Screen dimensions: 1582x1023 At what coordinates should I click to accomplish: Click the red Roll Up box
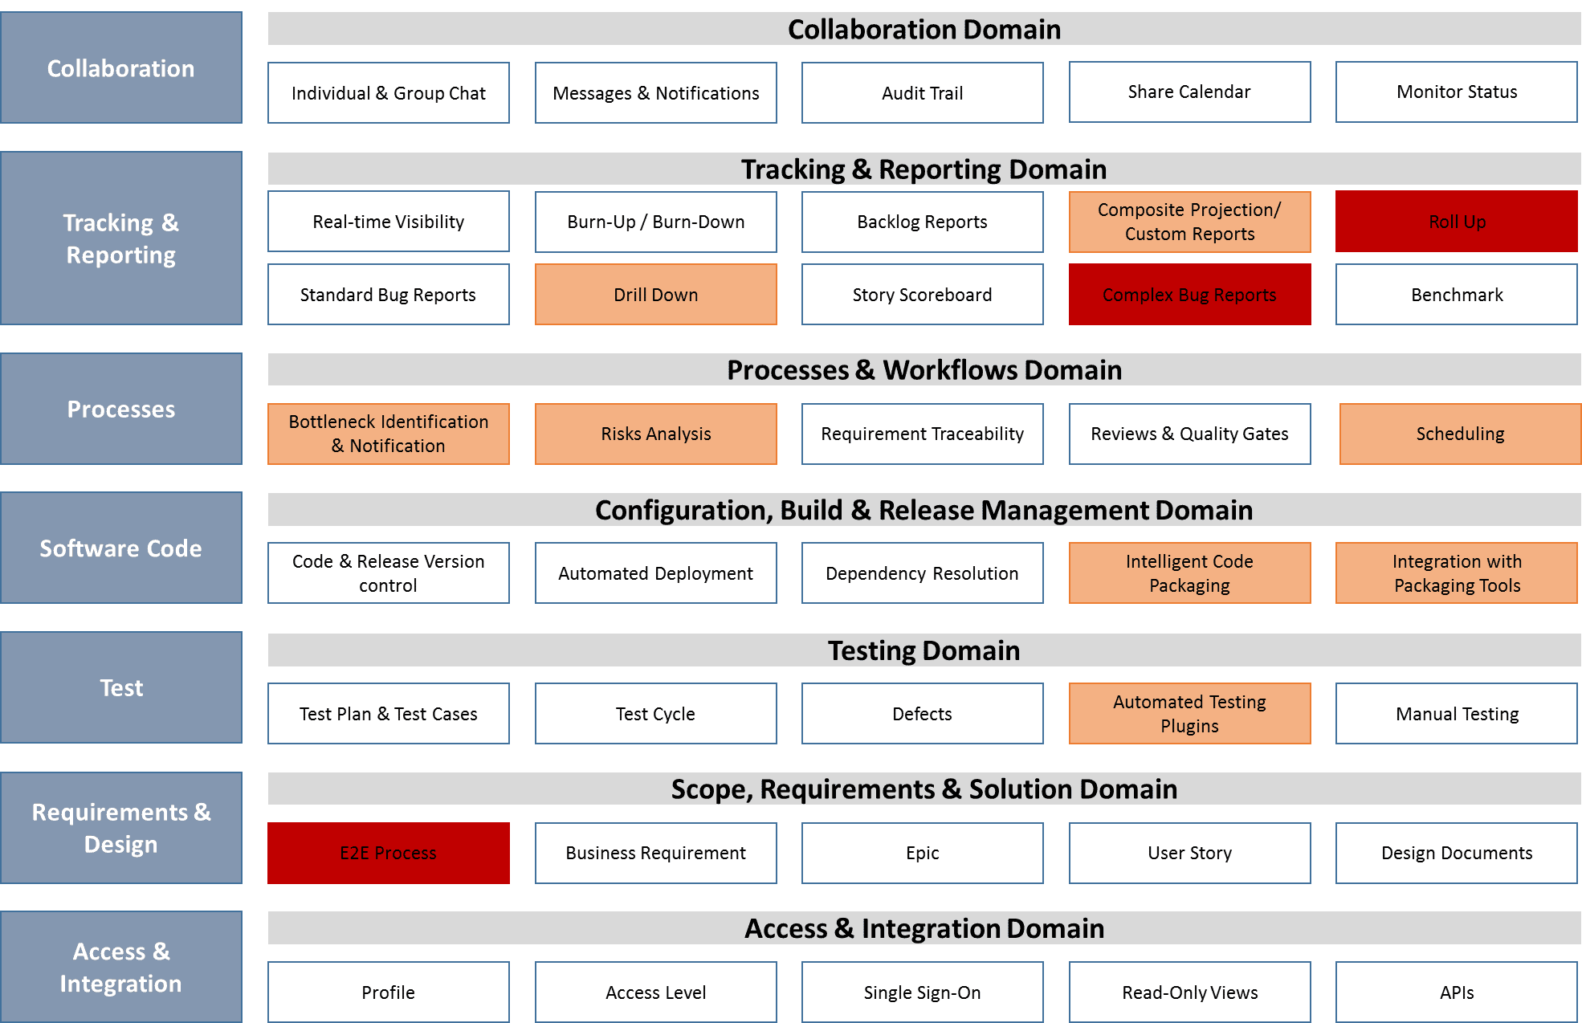tap(1457, 221)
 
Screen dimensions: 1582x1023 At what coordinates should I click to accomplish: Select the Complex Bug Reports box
tap(1189, 294)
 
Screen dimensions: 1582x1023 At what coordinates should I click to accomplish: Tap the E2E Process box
tap(389, 853)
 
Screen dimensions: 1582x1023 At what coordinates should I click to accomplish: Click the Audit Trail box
tap(923, 92)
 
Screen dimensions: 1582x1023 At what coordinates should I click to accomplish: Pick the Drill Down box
tap(656, 294)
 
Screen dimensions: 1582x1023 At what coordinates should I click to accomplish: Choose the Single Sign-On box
tap(923, 992)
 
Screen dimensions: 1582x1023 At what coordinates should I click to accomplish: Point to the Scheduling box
tap(1460, 434)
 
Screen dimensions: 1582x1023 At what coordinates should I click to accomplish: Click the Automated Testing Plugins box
tap(1189, 713)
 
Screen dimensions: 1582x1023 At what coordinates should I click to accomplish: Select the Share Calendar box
tap(1189, 92)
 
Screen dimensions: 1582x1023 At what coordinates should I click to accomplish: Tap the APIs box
tap(1457, 992)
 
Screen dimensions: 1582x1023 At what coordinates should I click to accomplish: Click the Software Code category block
tap(121, 548)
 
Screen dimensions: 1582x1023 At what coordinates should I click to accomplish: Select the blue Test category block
tap(121, 687)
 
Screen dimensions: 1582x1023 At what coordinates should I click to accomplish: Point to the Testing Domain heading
tap(924, 650)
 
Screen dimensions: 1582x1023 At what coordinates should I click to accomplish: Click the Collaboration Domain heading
tap(924, 29)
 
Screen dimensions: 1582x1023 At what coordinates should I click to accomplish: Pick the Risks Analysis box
tap(656, 434)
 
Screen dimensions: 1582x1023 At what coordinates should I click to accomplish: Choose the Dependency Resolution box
tap(923, 573)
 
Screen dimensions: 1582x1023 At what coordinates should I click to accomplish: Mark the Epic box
tap(923, 853)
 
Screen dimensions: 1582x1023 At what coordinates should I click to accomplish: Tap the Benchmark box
tap(1457, 294)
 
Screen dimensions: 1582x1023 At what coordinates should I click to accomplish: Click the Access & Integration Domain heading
tap(924, 927)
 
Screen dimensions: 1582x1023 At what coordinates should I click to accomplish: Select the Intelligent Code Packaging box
tap(1189, 573)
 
